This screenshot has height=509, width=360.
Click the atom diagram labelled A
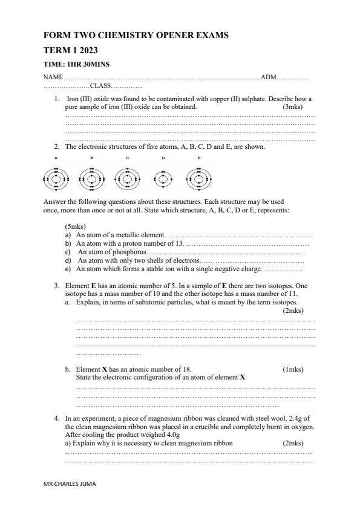(x=56, y=179)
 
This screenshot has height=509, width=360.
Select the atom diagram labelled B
(x=91, y=179)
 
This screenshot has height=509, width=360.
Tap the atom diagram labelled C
(x=127, y=179)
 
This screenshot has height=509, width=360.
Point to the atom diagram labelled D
(x=163, y=179)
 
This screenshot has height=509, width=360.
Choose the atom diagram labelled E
(x=199, y=179)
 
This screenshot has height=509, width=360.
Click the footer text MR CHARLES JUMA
(x=70, y=484)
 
